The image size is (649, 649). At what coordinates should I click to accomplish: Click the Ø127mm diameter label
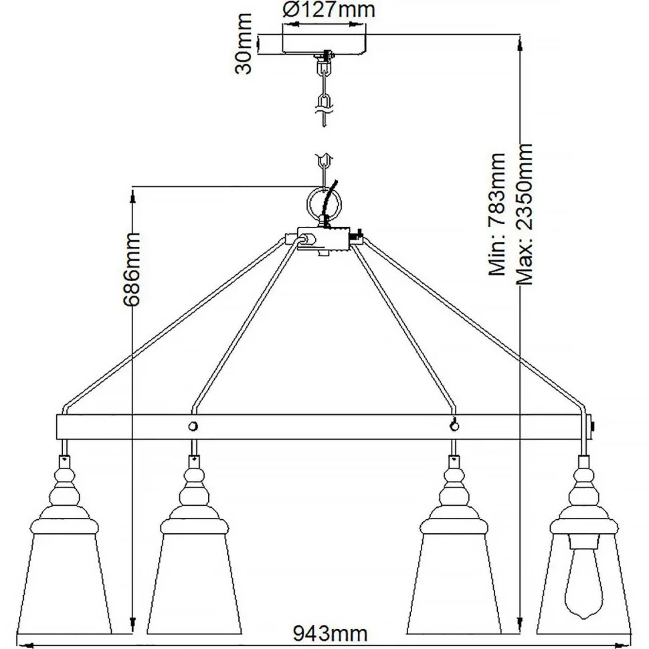pos(329,11)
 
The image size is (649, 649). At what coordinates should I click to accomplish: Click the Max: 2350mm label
pos(525,214)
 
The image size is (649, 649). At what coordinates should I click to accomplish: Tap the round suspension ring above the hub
pos(324,203)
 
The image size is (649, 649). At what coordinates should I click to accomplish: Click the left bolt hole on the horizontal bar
pos(193,426)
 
